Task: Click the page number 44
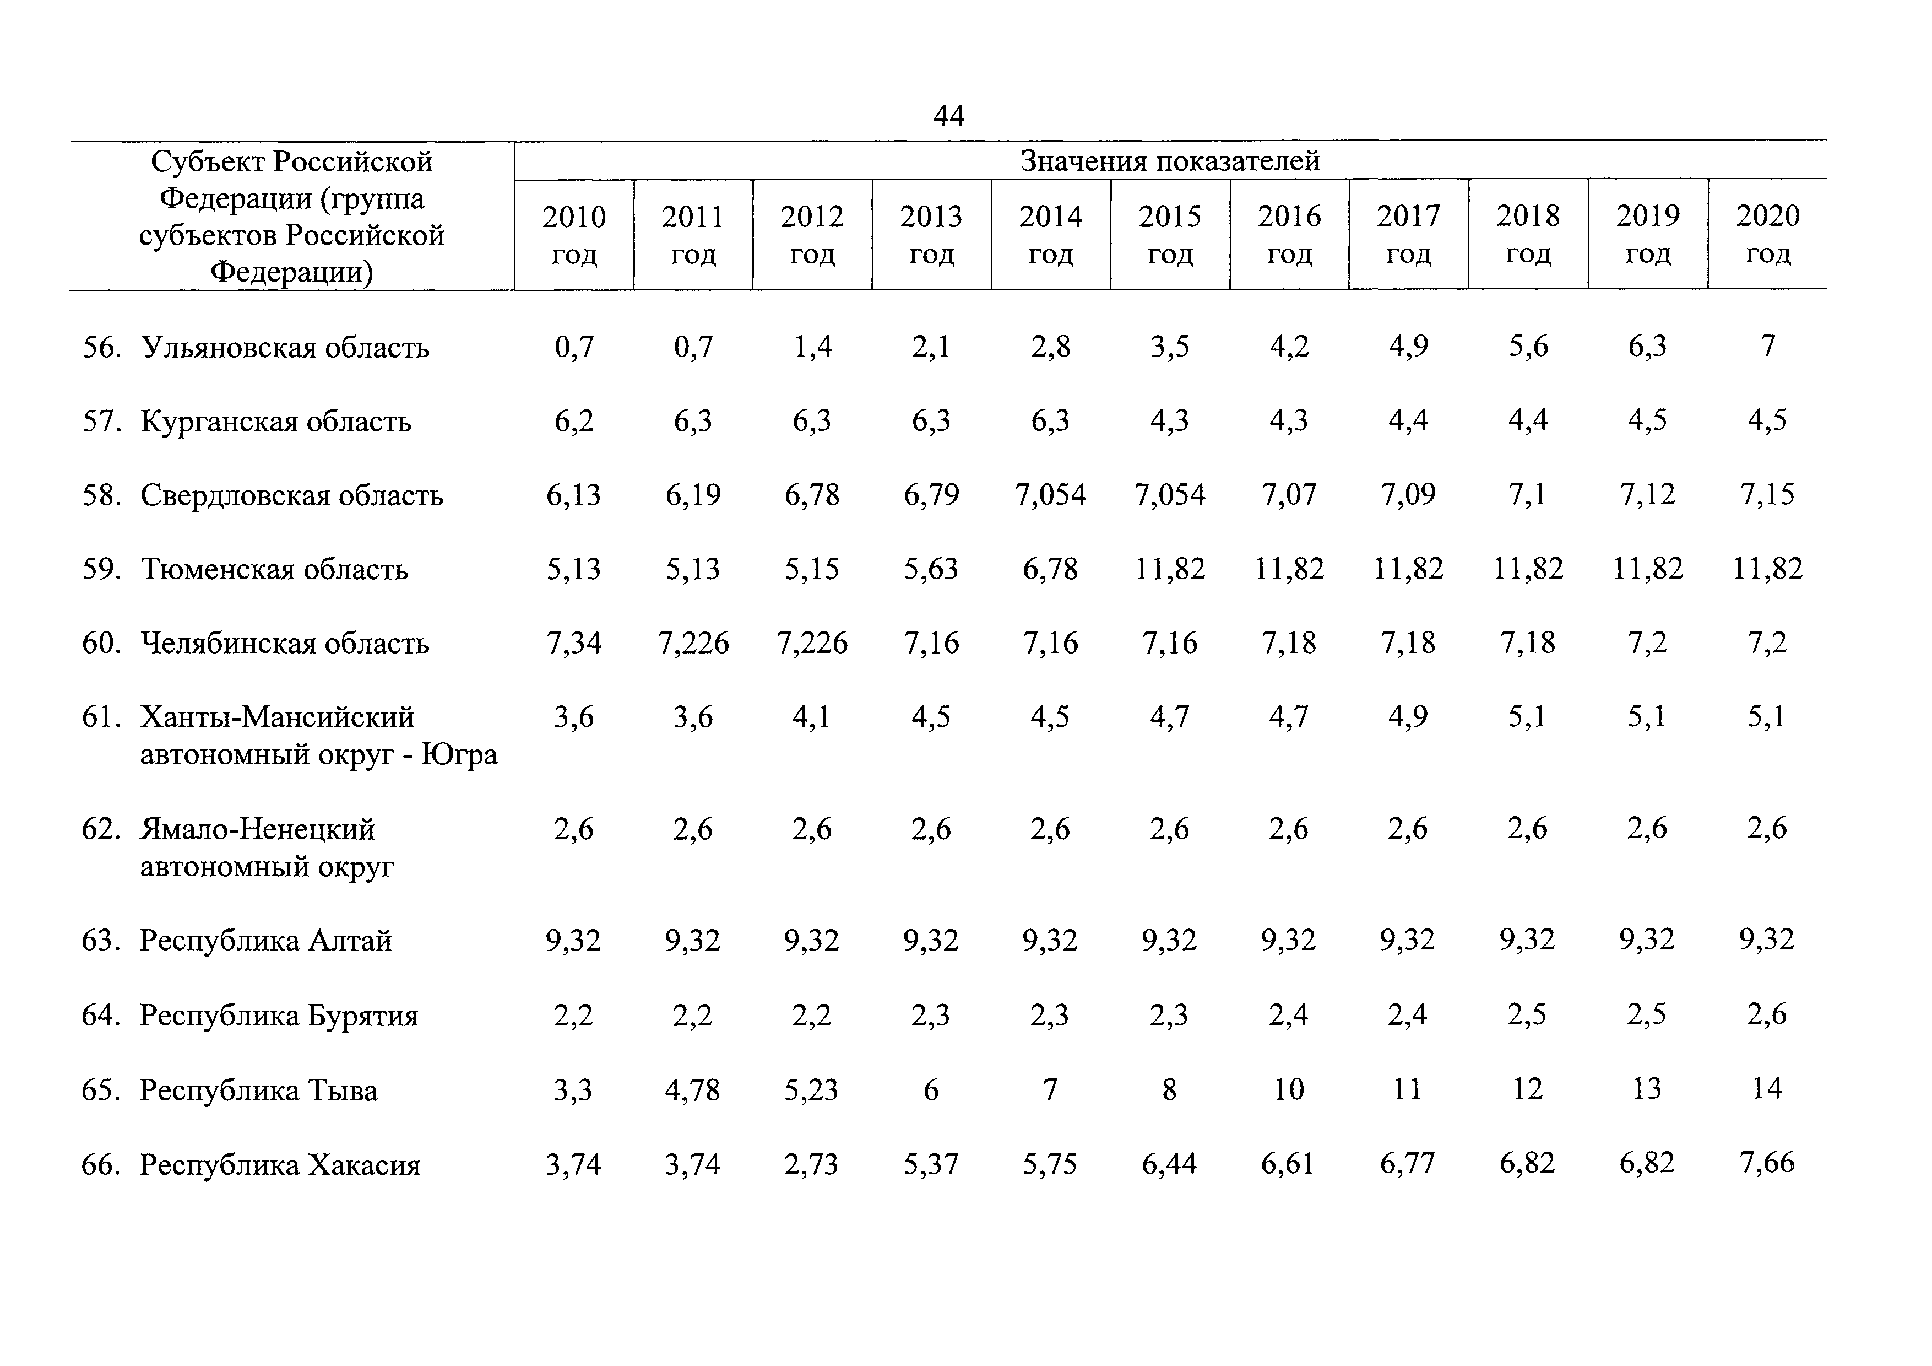click(948, 115)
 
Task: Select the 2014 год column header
click(1050, 235)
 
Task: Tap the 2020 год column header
click(1767, 234)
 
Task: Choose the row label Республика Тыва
click(258, 1091)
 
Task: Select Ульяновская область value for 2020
click(1767, 346)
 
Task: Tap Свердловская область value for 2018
click(1527, 495)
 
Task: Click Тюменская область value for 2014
click(1050, 570)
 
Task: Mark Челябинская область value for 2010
click(574, 644)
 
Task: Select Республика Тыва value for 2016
click(1288, 1089)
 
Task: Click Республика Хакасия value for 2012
click(812, 1164)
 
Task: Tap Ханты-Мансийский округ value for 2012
click(812, 717)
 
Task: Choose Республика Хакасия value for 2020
click(1767, 1163)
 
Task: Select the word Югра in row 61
click(459, 755)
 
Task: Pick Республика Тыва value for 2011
click(692, 1090)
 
